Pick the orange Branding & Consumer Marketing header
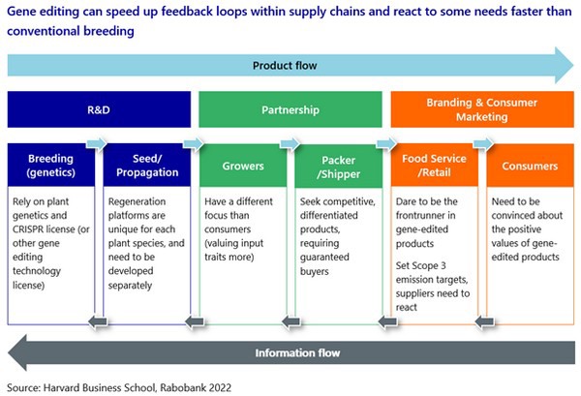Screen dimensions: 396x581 (x=480, y=110)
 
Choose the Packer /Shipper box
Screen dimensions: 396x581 (x=337, y=167)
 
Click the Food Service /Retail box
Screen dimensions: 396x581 (x=432, y=167)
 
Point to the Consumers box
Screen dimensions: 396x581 (x=528, y=167)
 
